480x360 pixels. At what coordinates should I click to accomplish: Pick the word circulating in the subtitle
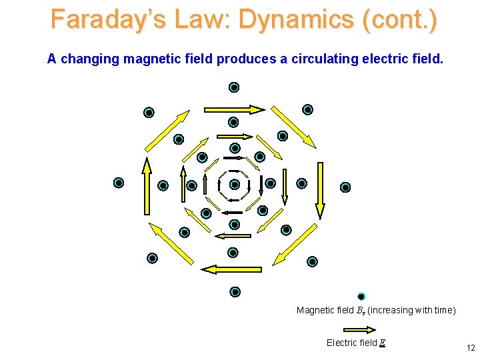coord(320,59)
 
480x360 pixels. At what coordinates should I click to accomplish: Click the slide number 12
coord(471,347)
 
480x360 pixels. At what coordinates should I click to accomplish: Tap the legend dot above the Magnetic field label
coord(361,297)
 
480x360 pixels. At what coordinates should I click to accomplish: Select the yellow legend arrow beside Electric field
coord(361,328)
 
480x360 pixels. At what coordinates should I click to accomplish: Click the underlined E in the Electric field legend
coord(382,343)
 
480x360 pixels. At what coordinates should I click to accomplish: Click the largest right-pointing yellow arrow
coord(234,109)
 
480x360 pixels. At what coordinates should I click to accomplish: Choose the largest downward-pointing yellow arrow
coord(320,191)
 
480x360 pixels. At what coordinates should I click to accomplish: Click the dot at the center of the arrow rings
coord(234,185)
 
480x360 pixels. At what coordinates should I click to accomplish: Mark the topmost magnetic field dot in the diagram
coord(234,87)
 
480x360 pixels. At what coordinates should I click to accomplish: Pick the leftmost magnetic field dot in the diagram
coord(119,183)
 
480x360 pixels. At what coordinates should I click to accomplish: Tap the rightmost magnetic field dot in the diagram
coord(345,187)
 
